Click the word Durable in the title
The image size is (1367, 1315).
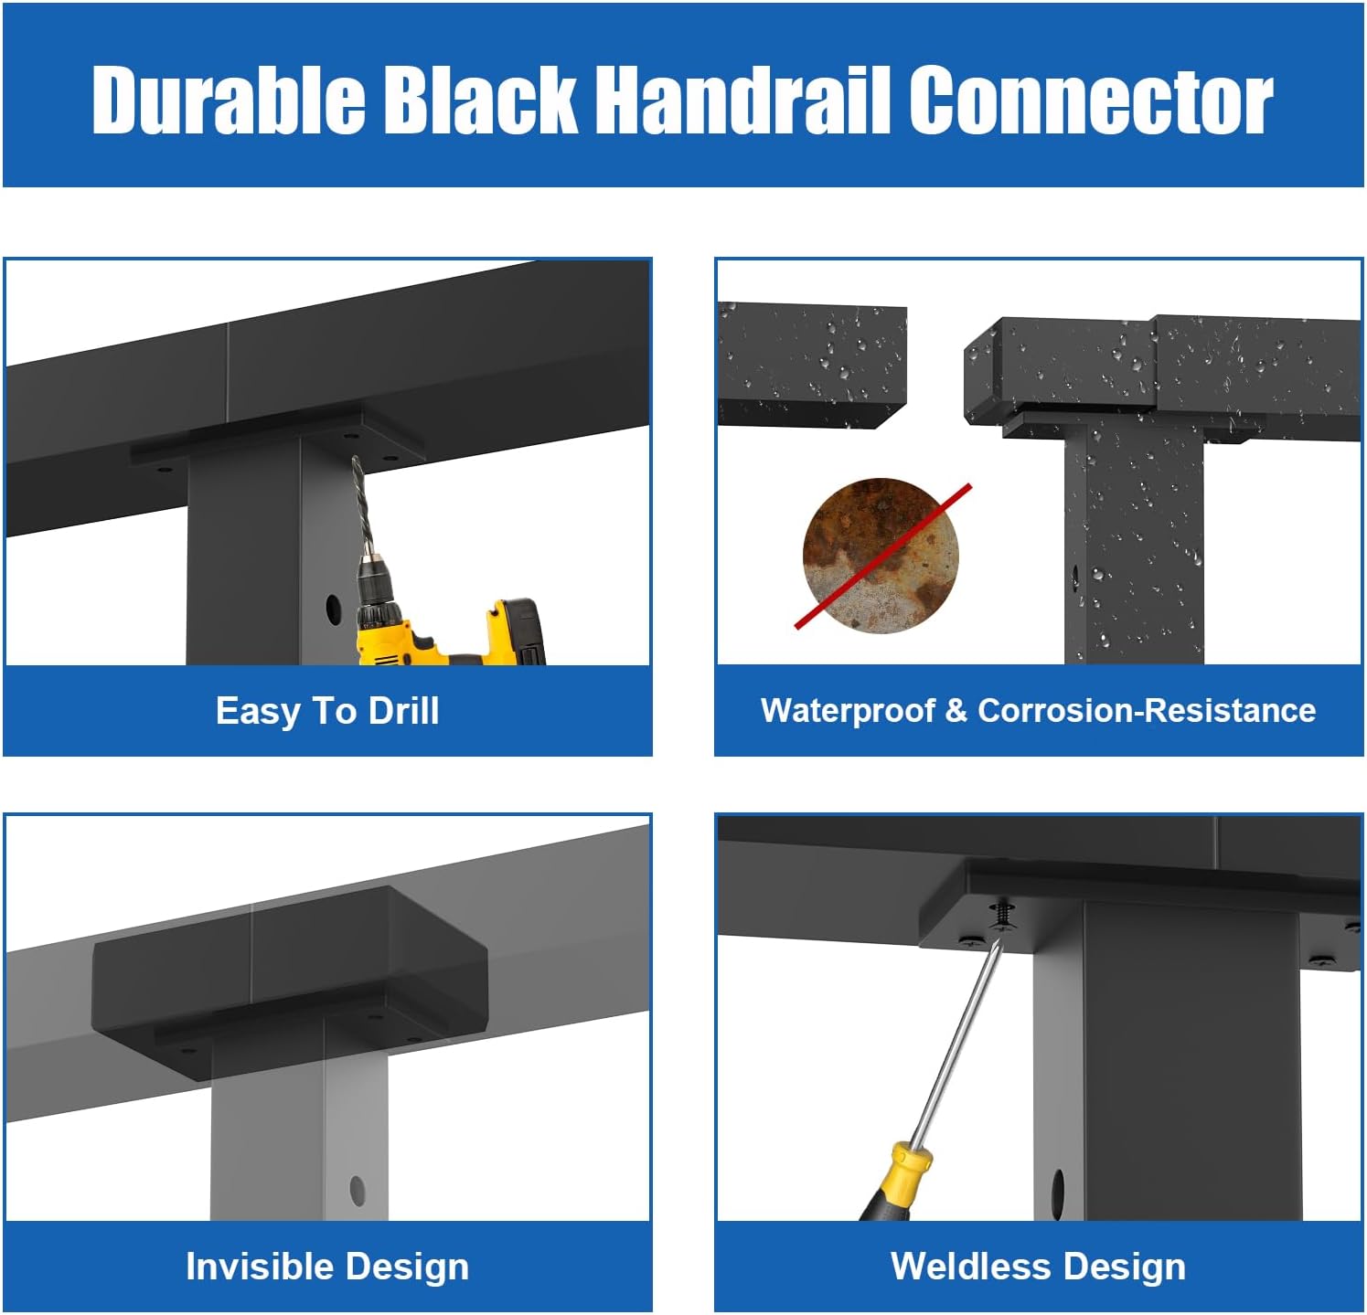(229, 99)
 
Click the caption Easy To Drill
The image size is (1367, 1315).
(327, 711)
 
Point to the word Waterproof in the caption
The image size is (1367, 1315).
(848, 711)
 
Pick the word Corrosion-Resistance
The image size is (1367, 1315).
(1147, 710)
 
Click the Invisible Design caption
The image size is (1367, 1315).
(327, 1267)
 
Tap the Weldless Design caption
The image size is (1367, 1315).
(1038, 1267)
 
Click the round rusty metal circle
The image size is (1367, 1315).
(881, 555)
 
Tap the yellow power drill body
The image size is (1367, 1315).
(448, 631)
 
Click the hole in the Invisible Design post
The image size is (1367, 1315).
(357, 1190)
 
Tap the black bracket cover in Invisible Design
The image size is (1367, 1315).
(290, 983)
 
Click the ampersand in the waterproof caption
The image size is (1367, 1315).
(956, 711)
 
